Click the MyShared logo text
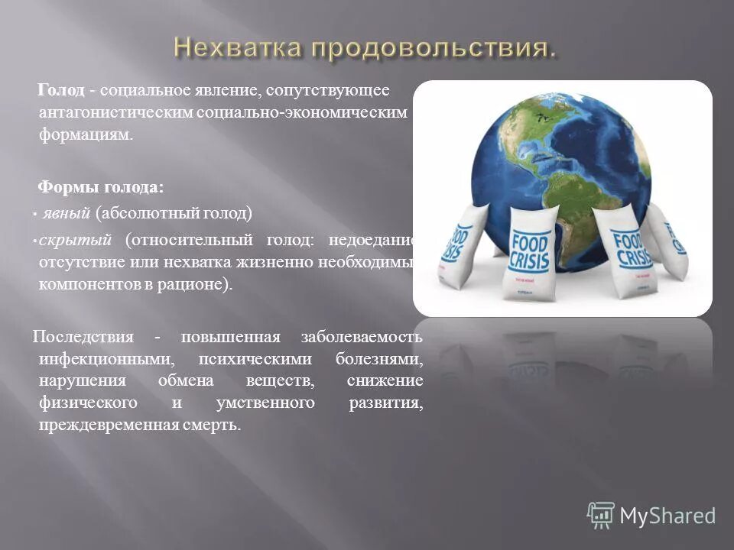[667, 516]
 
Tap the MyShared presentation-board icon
[601, 516]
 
